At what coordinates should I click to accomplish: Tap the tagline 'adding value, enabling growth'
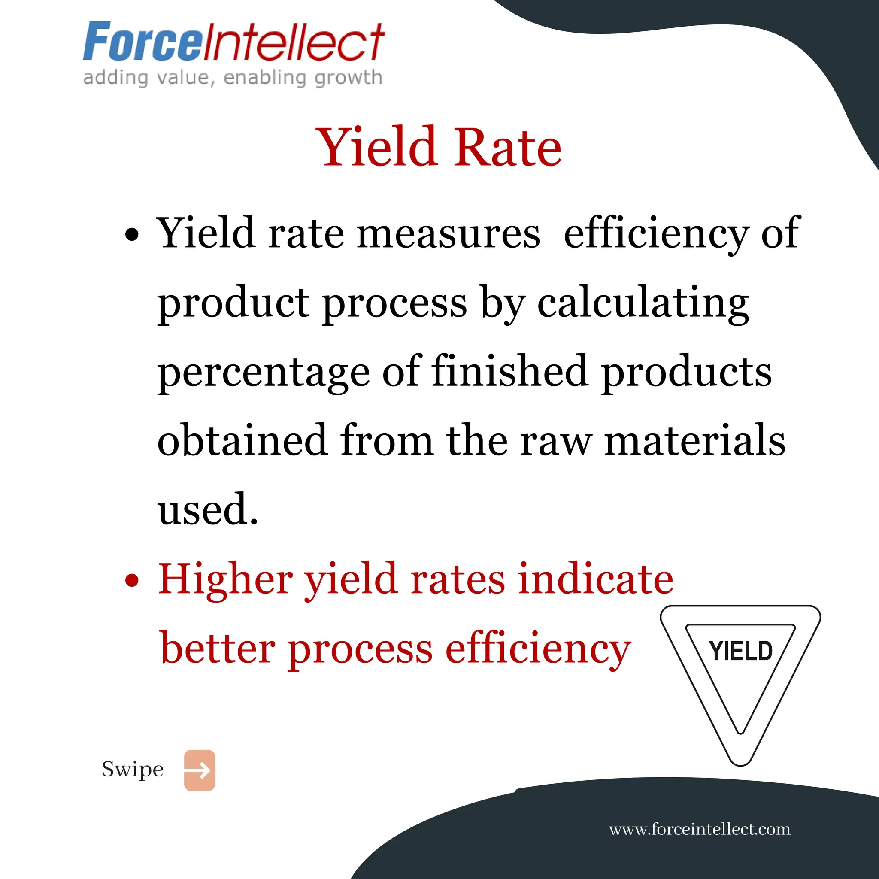pos(233,77)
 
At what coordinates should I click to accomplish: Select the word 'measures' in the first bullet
pos(449,233)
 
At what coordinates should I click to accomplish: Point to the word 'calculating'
pos(643,303)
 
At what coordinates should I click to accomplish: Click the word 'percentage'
pos(264,372)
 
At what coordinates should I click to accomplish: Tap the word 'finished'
pos(509,371)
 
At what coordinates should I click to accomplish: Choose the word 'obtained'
pos(242,440)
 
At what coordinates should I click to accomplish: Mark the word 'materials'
pos(695,440)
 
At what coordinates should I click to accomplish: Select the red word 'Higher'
pos(225,579)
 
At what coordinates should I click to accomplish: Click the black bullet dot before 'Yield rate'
pos(131,235)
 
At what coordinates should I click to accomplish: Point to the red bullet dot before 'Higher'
pos(131,581)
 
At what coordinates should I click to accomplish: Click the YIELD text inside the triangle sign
pos(741,651)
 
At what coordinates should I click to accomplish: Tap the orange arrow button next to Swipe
pos(199,770)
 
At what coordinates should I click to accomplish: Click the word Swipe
pos(132,770)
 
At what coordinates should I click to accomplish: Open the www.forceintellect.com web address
pos(699,829)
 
